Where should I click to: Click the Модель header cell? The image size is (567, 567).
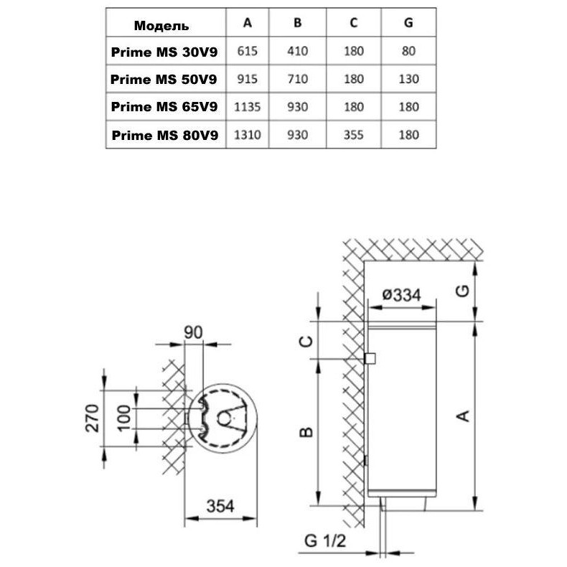tap(161, 26)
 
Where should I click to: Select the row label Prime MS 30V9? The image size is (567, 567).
tap(165, 52)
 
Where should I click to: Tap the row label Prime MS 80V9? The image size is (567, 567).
tap(165, 134)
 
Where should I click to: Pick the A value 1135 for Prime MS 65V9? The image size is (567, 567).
tap(248, 107)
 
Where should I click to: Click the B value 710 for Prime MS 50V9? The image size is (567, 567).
tap(298, 79)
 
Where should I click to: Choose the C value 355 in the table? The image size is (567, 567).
tap(354, 134)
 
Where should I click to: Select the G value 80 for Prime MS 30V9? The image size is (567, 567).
tap(408, 52)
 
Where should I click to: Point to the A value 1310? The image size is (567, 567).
tap(248, 134)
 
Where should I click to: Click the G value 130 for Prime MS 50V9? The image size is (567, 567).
tap(408, 79)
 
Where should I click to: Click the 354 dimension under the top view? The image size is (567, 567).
tap(220, 505)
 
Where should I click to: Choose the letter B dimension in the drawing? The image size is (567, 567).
tap(305, 431)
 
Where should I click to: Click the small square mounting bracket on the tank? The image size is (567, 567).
tap(370, 358)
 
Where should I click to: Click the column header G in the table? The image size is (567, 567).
tap(408, 22)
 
